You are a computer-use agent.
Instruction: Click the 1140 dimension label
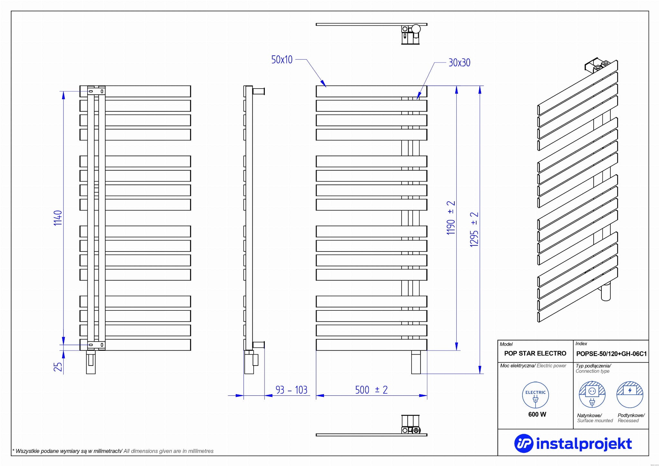tap(58, 218)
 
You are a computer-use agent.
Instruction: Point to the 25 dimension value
tap(58, 366)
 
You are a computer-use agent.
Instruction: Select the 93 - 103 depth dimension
tap(291, 390)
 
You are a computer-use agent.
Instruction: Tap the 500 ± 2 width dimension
tap(371, 390)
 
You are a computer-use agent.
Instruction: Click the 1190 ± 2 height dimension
tap(451, 217)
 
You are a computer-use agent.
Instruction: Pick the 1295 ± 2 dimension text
tap(474, 229)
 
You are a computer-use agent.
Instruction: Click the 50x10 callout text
tap(282, 60)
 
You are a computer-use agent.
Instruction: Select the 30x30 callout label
tap(459, 62)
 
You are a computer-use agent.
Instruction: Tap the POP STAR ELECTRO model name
tap(535, 353)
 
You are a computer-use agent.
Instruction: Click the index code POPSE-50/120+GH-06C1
tap(611, 354)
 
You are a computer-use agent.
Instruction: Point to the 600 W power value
tap(537, 414)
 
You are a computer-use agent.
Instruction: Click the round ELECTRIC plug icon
tap(535, 395)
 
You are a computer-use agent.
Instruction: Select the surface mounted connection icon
tap(592, 395)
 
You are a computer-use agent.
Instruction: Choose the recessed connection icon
tap(630, 395)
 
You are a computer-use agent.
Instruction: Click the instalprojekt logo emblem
tap(524, 443)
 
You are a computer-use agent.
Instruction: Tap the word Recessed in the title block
tap(628, 421)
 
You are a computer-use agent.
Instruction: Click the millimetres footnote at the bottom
tap(113, 451)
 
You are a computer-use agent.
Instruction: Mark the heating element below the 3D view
tap(606, 291)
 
